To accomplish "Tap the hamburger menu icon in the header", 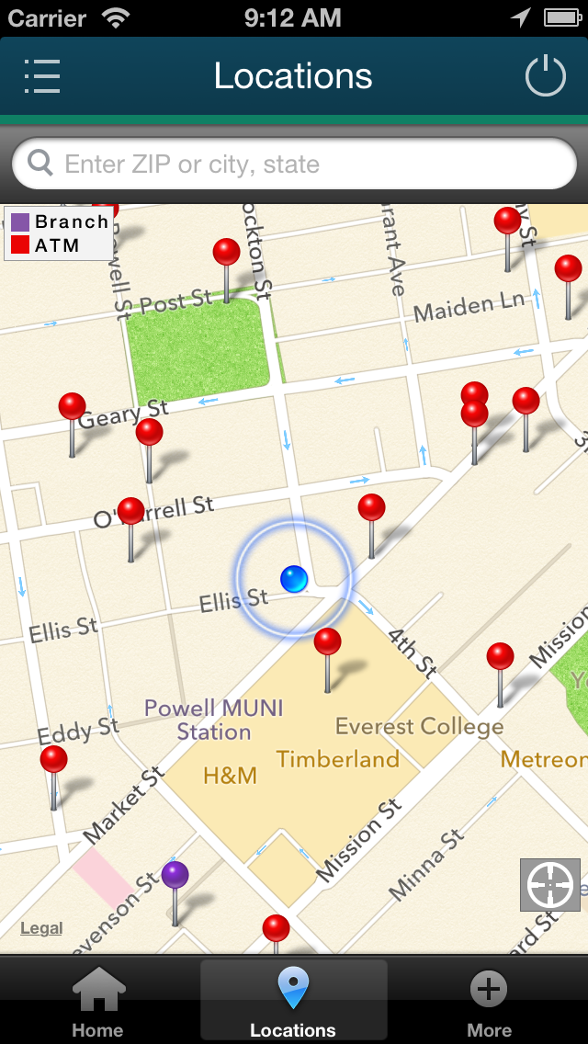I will pos(42,76).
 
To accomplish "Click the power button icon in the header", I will pos(545,76).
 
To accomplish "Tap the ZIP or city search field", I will pos(294,165).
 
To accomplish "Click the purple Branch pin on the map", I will pos(175,875).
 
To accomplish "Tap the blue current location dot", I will pos(294,578).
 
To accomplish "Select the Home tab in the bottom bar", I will pos(98,1002).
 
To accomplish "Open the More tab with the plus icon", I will pos(489,1002).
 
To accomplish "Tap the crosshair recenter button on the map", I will pos(550,885).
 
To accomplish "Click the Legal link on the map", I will pos(41,928).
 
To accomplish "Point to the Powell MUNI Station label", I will pos(214,721).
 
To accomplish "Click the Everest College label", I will pos(419,727).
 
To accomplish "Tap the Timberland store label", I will pos(338,759).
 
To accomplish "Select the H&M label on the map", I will pos(230,776).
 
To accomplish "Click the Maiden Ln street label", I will pos(469,307).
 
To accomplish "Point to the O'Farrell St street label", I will pos(153,513).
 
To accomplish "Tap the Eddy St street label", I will pos(78,732).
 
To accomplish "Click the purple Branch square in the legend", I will pos(20,221).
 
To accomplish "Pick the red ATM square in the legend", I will pos(20,245).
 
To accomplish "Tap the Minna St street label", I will pos(425,864).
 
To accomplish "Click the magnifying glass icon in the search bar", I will pos(40,164).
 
